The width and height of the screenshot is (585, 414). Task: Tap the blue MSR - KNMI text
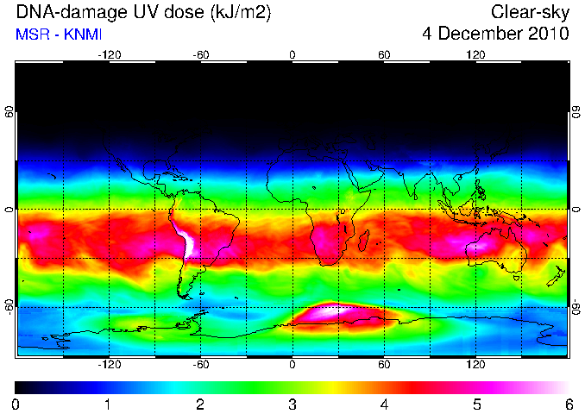(x=58, y=34)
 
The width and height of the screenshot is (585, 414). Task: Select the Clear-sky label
(x=530, y=13)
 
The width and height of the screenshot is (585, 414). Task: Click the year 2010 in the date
(x=549, y=34)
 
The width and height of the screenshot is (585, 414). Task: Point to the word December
(x=481, y=34)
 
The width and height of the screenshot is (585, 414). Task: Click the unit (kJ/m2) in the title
(x=241, y=12)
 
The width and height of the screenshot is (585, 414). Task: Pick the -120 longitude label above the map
(x=110, y=55)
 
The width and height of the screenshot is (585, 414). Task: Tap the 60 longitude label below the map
(x=384, y=364)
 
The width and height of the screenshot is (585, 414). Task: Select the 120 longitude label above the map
(x=475, y=55)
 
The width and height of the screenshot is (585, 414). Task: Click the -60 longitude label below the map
(x=201, y=364)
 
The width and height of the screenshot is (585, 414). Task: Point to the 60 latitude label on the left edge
(x=9, y=112)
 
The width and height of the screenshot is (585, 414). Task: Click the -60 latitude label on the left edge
(x=9, y=306)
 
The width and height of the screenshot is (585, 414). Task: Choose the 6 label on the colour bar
(x=569, y=405)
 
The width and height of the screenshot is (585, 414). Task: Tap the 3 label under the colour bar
(x=292, y=405)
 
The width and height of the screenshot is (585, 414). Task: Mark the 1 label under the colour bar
(x=108, y=405)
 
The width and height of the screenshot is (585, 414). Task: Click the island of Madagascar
(x=364, y=241)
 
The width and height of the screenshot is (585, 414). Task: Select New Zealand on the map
(x=557, y=276)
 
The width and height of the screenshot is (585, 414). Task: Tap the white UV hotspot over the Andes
(x=187, y=241)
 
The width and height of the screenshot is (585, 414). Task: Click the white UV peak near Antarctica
(x=329, y=310)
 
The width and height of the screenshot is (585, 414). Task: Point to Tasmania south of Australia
(x=516, y=278)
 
